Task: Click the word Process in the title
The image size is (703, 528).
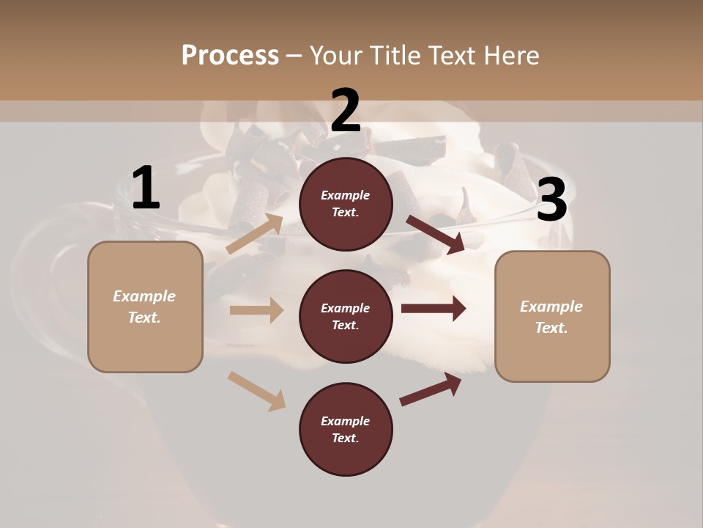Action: pos(230,55)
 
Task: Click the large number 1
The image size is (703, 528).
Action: pos(146,189)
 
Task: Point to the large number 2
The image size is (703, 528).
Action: pos(346,111)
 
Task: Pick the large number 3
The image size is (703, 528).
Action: pos(551,200)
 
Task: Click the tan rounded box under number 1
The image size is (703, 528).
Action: pos(145,307)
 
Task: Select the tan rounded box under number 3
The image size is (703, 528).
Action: pos(552,317)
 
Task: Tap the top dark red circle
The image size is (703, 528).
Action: pos(346,203)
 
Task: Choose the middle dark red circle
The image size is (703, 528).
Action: pos(346,316)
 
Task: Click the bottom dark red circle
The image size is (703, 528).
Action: pos(346,429)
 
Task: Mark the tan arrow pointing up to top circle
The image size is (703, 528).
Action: pos(255,234)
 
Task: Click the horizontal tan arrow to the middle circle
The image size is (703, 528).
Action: pos(256,310)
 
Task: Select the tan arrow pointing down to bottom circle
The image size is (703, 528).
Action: pos(256,390)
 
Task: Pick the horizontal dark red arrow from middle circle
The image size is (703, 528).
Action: pos(434,308)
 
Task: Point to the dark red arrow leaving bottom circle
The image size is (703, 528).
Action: pos(431,389)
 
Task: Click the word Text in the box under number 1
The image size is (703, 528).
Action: pos(144,318)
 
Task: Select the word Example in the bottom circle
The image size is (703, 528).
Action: pos(346,421)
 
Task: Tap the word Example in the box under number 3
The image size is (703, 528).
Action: pos(551,307)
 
